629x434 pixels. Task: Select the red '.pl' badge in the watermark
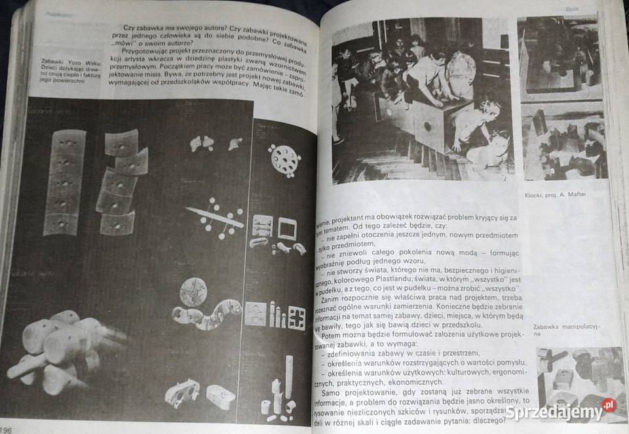(609, 406)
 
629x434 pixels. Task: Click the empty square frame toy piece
(288, 227)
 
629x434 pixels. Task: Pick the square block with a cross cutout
(296, 317)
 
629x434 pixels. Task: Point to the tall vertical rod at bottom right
(288, 376)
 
